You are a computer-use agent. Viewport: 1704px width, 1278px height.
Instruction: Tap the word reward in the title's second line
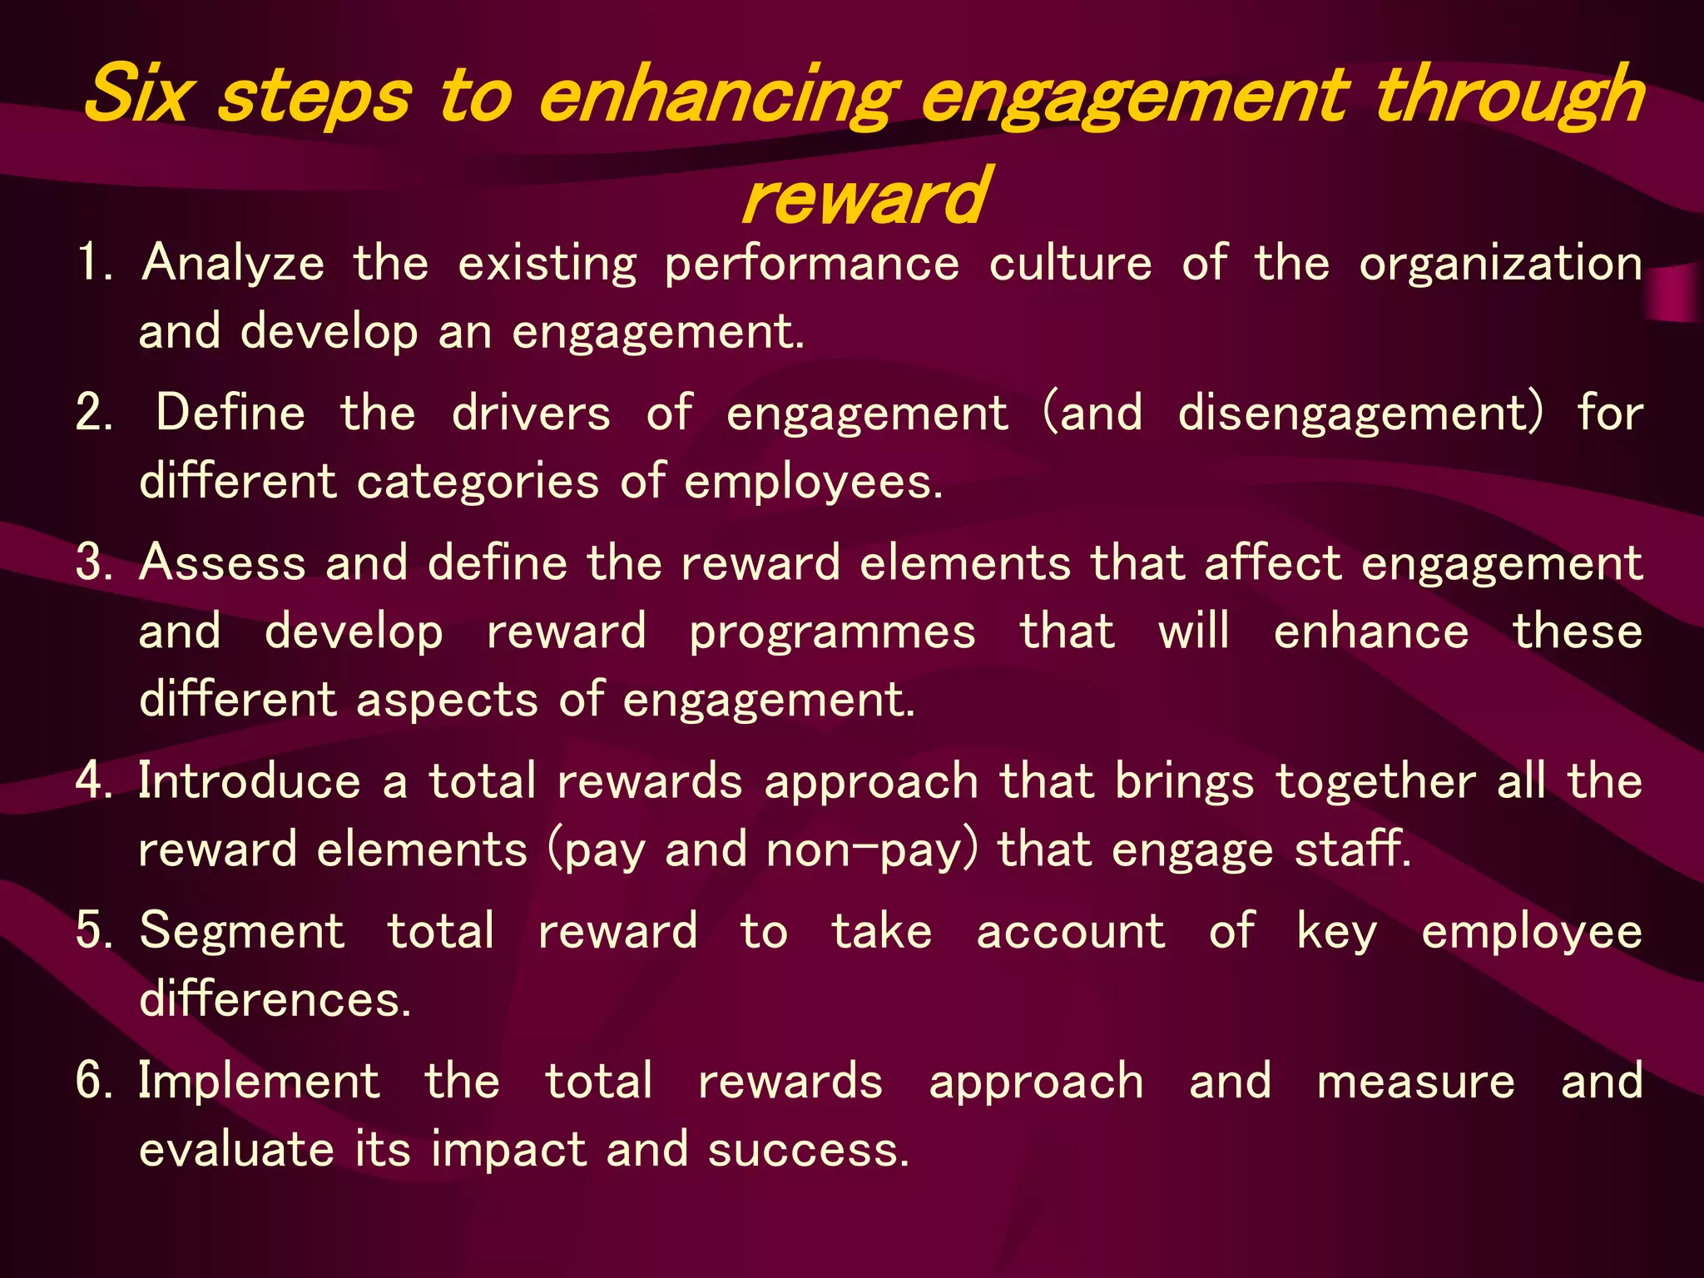click(864, 197)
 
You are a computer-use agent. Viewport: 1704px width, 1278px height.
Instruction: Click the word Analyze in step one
click(234, 264)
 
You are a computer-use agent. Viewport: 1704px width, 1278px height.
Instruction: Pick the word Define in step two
click(231, 414)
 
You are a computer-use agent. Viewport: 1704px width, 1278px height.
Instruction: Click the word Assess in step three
click(223, 563)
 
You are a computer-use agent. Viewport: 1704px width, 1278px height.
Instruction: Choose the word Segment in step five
click(242, 932)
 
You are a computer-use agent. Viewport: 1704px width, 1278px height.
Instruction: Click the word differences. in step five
click(275, 999)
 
